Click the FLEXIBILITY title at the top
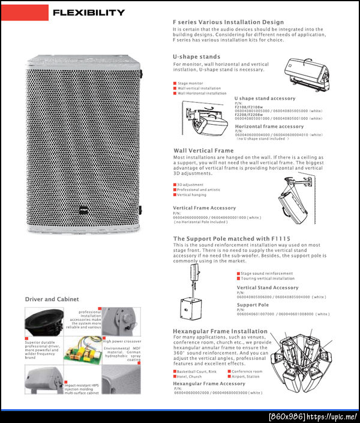[89, 13]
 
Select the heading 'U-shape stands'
[196, 57]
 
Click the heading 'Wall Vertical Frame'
[203, 151]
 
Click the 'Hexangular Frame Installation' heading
[220, 331]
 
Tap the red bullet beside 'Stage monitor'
[175, 83]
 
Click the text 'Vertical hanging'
[192, 194]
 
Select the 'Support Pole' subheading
[253, 305]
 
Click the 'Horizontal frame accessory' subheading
[269, 127]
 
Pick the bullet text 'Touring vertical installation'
[268, 278]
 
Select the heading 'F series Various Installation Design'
[228, 22]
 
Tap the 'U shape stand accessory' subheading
[265, 98]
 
